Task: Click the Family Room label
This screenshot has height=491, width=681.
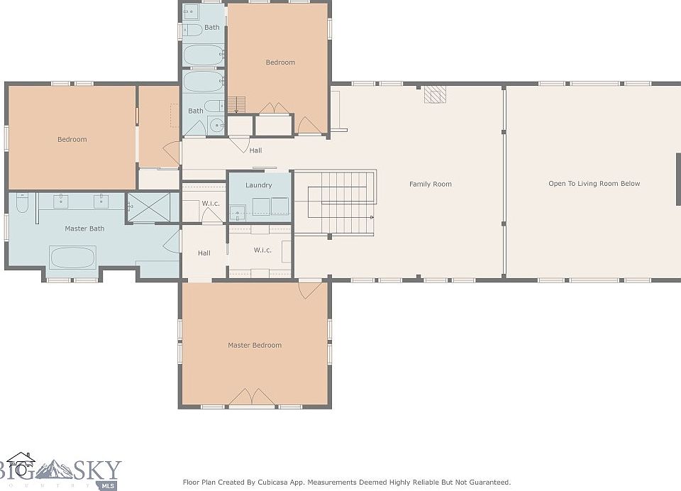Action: [x=431, y=184]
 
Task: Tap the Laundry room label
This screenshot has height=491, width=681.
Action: [x=258, y=185]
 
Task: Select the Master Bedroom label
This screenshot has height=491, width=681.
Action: [x=255, y=346]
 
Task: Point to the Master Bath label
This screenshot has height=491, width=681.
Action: [x=84, y=228]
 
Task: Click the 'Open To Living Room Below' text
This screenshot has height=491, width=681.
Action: [x=594, y=184]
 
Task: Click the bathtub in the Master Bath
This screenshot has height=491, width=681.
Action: [x=72, y=258]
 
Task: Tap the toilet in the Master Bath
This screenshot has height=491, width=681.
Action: [x=22, y=203]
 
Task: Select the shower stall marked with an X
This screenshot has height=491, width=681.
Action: [x=148, y=208]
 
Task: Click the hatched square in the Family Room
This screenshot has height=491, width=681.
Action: [x=435, y=94]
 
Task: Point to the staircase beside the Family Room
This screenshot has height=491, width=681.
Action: [x=334, y=203]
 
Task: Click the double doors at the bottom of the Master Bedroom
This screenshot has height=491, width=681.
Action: [x=251, y=397]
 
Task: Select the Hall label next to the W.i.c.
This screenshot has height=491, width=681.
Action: [x=204, y=253]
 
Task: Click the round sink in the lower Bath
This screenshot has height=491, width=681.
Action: [x=216, y=126]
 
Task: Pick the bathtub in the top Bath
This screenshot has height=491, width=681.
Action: [x=204, y=55]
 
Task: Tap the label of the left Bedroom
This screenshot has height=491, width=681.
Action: [x=72, y=140]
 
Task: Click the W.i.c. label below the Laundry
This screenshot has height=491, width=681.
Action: [x=262, y=250]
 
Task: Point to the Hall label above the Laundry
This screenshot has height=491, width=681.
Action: [x=255, y=150]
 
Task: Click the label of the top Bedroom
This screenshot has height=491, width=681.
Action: [x=280, y=62]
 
